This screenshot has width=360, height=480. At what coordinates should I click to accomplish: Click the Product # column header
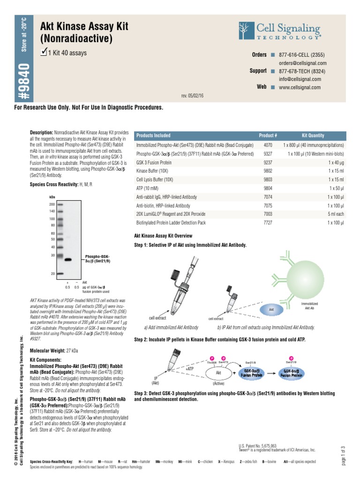(x=268, y=135)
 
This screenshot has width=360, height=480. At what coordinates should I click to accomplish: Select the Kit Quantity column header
(x=313, y=135)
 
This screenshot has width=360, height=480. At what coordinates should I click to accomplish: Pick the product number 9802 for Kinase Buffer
(x=268, y=171)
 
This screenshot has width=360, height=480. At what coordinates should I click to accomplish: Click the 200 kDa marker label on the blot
(x=52, y=205)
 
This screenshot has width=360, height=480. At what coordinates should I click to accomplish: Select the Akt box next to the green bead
(x=271, y=310)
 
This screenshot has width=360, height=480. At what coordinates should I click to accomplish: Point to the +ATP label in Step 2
(x=189, y=369)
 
